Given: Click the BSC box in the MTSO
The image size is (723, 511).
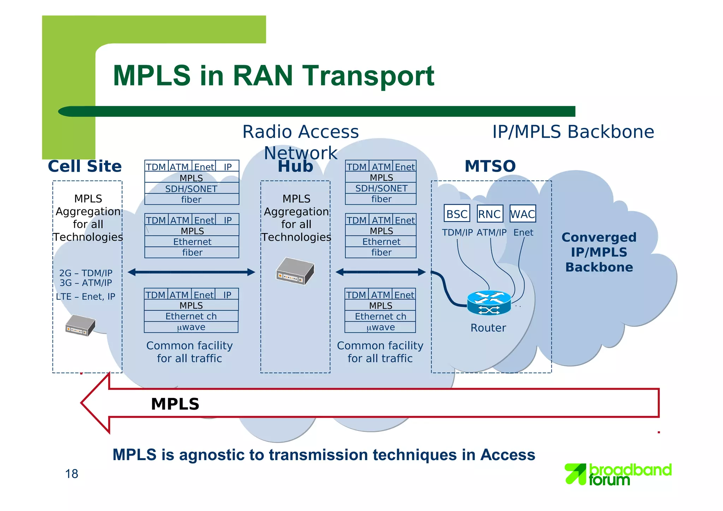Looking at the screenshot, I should pos(456,214).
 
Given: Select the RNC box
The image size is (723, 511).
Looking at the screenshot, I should pos(490,214).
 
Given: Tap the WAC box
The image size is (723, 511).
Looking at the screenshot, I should pos(522,214).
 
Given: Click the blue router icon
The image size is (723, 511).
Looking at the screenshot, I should pos(489,303).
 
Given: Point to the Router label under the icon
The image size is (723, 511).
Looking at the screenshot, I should pos(488,328).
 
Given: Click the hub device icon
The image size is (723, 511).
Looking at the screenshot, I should pos(295,271).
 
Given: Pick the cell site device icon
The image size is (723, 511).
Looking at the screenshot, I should pos(80,325).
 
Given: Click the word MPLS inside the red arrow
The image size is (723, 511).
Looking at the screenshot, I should pos(175,404).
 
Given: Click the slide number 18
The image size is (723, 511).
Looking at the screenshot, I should pos(72,474).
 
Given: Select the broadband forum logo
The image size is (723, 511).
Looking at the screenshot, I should pos(618,474).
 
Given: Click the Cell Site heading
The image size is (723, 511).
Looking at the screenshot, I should pos(85,166).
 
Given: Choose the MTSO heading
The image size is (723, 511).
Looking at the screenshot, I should pos(490,166).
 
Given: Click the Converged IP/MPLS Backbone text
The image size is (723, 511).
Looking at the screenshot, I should pos(599,252).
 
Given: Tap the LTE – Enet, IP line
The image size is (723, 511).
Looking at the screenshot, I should pos(85,297).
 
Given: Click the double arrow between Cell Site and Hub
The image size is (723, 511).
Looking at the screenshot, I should pos(191,272).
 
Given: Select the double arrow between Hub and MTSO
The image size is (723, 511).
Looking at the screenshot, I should pos(381,272).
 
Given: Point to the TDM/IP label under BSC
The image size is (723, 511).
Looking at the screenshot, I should pos(457,232).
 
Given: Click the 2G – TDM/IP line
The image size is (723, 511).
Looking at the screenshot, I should pos(85,273).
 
